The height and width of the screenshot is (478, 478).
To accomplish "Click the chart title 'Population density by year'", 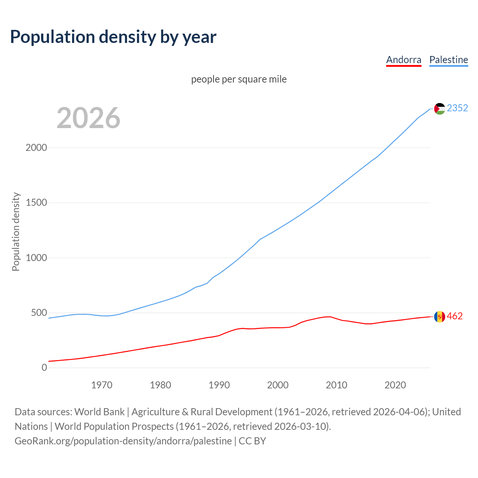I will (x=113, y=37).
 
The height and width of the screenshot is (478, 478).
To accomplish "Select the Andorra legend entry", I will (x=403, y=60).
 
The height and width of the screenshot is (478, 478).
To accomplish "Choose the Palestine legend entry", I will (x=448, y=60).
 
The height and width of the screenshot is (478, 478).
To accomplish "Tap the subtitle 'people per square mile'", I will (x=239, y=79).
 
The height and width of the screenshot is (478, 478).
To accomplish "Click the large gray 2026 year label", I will (x=89, y=118).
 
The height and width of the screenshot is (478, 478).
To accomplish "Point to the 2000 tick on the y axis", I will (x=36, y=148).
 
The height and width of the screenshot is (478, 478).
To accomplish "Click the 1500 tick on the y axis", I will (x=36, y=202).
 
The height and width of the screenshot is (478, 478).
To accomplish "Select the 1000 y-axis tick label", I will (x=36, y=258).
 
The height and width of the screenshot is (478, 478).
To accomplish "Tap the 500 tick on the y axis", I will (x=39, y=313).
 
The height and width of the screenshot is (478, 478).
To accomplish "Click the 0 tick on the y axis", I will (x=44, y=367).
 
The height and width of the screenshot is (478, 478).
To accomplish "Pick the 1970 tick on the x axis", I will (x=102, y=385).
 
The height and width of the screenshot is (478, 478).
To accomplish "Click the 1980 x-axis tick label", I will (x=160, y=385).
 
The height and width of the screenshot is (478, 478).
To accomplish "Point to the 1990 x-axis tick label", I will (x=219, y=385).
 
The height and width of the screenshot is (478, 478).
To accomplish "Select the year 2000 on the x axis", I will (x=278, y=385).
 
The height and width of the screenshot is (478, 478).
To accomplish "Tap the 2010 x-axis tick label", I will (x=336, y=385).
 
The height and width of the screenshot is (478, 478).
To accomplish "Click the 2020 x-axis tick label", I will (x=395, y=385).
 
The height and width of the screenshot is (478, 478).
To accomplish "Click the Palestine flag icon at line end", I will (x=440, y=109).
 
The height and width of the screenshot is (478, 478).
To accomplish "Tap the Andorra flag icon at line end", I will (x=440, y=317).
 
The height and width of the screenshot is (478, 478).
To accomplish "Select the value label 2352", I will (x=457, y=108).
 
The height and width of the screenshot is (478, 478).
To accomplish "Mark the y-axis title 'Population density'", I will (x=16, y=232).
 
